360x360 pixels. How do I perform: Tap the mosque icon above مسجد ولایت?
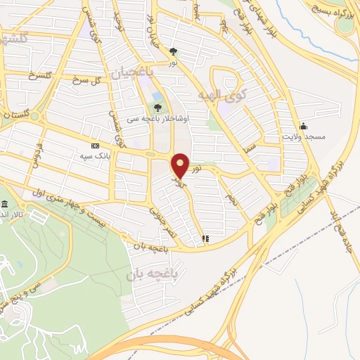(x=302, y=125)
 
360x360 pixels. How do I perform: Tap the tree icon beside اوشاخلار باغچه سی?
(x=157, y=108)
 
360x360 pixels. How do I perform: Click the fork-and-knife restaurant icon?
(x=206, y=238)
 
